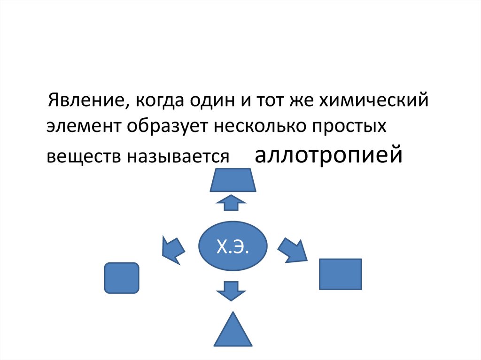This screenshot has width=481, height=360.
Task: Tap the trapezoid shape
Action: [233, 180]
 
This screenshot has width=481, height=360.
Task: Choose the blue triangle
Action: [233, 331]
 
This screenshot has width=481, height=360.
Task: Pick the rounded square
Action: [121, 278]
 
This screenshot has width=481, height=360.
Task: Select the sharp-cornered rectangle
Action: [340, 274]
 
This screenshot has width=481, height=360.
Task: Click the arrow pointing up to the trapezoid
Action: [231, 202]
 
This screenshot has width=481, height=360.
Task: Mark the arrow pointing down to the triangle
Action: [231, 291]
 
